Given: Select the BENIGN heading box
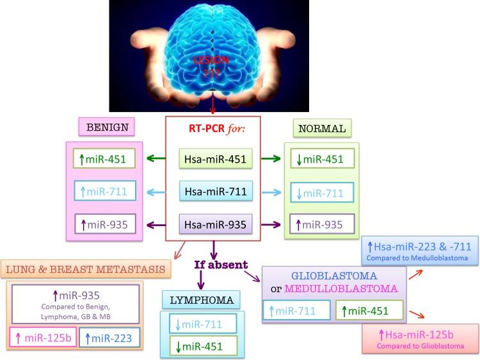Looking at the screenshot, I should (x=107, y=127).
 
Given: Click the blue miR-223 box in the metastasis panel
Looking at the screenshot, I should (x=109, y=338).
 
